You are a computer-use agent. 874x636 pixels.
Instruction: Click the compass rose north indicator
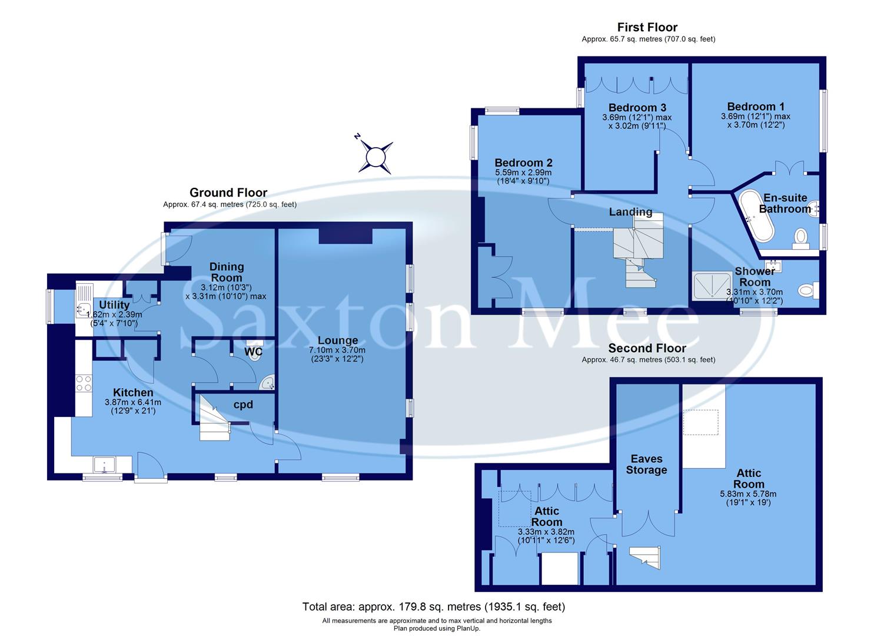pos(375,157)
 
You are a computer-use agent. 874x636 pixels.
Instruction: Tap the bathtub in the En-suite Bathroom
pos(755,216)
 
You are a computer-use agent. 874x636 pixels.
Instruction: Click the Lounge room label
pos(338,340)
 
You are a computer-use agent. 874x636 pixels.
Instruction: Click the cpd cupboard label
pos(243,405)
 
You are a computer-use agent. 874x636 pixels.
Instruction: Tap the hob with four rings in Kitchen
pos(84,383)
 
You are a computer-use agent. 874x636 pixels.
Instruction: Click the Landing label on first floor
pos(630,212)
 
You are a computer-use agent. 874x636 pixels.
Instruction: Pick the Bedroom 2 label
pos(523,163)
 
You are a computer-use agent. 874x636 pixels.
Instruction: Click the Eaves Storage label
pos(646,464)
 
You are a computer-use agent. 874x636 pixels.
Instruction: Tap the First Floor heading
pos(647,27)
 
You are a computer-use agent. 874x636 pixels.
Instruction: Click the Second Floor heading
pos(647,348)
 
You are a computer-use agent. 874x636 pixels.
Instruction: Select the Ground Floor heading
pos(228,193)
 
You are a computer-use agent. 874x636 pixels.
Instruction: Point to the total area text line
pos(433,606)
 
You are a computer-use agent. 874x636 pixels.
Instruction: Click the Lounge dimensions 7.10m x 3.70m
pos(338,350)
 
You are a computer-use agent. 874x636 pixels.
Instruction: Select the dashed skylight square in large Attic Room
pos(700,422)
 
